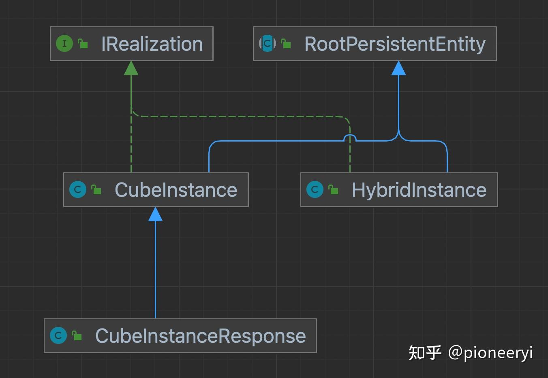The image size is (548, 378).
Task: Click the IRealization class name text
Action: pos(152,44)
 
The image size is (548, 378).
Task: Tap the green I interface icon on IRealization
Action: pos(64,43)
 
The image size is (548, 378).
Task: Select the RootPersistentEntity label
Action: pos(395,44)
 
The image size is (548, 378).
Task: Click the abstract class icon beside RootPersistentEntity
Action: pos(267,43)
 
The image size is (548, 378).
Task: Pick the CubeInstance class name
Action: pos(176,190)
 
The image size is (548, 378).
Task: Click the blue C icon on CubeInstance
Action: pos(78,189)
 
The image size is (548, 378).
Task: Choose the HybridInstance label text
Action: pos(419,190)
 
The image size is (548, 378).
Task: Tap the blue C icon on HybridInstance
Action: pos(315,189)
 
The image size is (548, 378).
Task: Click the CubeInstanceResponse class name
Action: pos(201,336)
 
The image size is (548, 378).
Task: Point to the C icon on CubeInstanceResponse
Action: pos(58,335)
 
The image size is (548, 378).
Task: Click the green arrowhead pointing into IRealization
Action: pos(131,69)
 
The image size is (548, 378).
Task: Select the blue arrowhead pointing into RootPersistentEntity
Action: pos(398,69)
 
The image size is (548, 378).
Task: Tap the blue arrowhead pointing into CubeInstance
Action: pos(155,215)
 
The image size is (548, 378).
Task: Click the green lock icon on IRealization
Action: pos(83,43)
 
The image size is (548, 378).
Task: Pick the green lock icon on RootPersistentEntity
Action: pos(286,43)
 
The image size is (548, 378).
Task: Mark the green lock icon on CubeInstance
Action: pos(96,189)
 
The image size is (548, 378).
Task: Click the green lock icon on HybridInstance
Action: pos(334,189)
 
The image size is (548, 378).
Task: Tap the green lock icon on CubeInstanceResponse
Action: pos(77,335)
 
